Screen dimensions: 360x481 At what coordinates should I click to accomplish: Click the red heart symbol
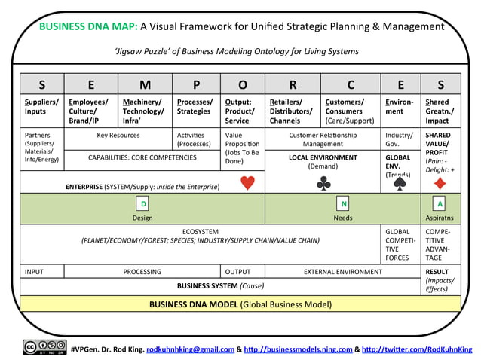pos(247,183)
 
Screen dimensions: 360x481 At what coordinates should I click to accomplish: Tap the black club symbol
pos(323,183)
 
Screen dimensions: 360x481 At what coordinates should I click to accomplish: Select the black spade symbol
pos(400,183)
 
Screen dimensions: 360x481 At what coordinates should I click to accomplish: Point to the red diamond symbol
pos(440,183)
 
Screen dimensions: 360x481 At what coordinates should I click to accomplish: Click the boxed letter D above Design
pos(143,204)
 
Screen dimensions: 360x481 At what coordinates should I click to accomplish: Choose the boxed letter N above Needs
pos(344,204)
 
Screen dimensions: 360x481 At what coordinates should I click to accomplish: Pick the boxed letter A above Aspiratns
pos(440,204)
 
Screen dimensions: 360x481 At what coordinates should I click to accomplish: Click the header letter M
pos(145,84)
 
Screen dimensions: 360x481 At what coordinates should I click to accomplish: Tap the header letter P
pos(196,84)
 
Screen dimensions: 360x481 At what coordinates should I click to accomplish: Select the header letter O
pos(243,84)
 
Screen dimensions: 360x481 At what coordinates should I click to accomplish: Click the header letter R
pos(293,84)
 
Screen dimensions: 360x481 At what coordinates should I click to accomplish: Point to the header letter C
pos(351,84)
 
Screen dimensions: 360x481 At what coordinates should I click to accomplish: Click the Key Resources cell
pos(118,136)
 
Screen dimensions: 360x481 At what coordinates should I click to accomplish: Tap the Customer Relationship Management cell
pos(323,139)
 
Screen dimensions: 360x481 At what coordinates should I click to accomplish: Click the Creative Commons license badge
pos(44,348)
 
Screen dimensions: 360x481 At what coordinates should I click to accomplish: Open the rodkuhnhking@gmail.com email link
pos(190,349)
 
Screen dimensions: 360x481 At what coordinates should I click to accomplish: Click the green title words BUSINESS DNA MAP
pos(88,26)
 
